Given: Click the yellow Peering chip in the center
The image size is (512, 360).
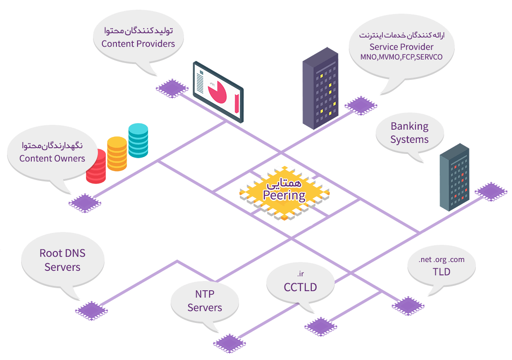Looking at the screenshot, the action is (x=284, y=193).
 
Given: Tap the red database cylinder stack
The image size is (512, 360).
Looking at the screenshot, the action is (x=97, y=167).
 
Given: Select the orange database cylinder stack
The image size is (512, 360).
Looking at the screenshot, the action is (x=117, y=154).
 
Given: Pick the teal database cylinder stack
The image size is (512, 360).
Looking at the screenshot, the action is (x=138, y=140).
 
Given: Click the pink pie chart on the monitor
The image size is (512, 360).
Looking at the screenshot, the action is (x=217, y=92).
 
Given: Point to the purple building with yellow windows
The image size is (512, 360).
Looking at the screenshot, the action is (x=320, y=88).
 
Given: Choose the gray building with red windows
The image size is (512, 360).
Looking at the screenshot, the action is (x=454, y=177).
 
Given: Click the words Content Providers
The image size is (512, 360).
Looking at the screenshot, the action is (x=138, y=44).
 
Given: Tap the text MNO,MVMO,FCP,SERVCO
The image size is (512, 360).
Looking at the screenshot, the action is (x=401, y=57).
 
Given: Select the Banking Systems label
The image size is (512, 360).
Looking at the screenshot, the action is (x=410, y=133).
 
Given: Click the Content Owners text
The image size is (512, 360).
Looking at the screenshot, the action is (x=52, y=158).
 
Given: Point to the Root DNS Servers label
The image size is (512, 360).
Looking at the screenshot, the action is (x=62, y=260).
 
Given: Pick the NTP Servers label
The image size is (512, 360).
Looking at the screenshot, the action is (x=205, y=300).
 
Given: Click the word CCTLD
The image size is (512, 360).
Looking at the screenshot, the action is (x=300, y=287).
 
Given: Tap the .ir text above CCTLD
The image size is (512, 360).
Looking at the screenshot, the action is (x=300, y=274).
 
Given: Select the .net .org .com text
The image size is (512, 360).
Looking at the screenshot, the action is (x=441, y=259).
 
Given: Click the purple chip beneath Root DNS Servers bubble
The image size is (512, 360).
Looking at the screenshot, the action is (x=91, y=311).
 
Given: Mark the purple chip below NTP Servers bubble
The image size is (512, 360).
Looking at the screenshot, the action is (x=230, y=343).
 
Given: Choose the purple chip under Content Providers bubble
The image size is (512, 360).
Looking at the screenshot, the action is (x=172, y=88).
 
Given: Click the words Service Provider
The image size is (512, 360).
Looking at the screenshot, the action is (x=401, y=47).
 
